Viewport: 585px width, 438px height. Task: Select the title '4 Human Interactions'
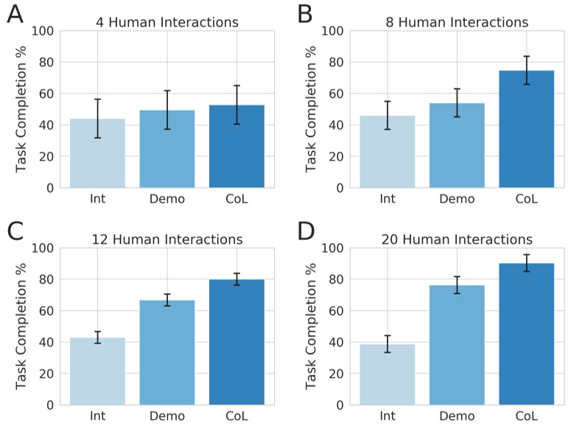click(167, 22)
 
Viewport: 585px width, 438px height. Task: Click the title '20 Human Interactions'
click(457, 239)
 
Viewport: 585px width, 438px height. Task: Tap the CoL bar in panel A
click(237, 146)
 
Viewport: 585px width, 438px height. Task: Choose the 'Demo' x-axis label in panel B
click(457, 199)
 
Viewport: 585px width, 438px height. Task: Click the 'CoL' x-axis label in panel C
click(237, 416)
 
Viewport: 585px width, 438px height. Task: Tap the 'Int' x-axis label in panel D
click(388, 416)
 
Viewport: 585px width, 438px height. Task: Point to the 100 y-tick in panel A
click(42, 31)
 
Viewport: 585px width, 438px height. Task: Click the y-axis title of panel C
click(21, 326)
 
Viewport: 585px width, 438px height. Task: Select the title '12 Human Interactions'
click(167, 239)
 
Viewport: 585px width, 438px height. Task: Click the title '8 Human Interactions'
click(457, 22)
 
